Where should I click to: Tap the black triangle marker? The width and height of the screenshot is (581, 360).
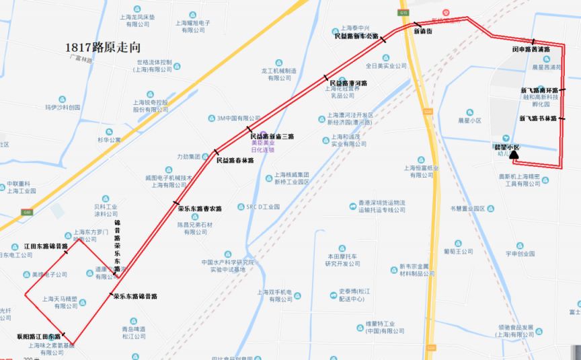(514, 155)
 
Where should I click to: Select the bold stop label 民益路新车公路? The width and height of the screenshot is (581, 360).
(356, 36)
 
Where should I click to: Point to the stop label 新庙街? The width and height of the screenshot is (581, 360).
(424, 31)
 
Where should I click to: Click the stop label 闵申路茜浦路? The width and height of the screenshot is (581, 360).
(531, 49)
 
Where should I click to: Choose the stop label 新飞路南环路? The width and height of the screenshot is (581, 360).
(539, 90)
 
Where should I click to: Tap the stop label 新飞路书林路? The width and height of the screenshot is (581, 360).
(539, 118)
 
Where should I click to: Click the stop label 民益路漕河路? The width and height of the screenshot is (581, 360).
(348, 83)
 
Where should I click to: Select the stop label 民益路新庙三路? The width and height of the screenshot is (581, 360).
(272, 136)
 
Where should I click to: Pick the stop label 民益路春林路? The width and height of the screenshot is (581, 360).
(235, 161)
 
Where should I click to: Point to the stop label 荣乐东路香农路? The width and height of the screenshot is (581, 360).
(200, 209)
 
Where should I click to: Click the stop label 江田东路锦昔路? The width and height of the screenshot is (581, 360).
(46, 246)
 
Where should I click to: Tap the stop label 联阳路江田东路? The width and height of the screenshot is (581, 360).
(38, 336)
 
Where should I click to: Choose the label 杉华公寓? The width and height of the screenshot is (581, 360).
(108, 140)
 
